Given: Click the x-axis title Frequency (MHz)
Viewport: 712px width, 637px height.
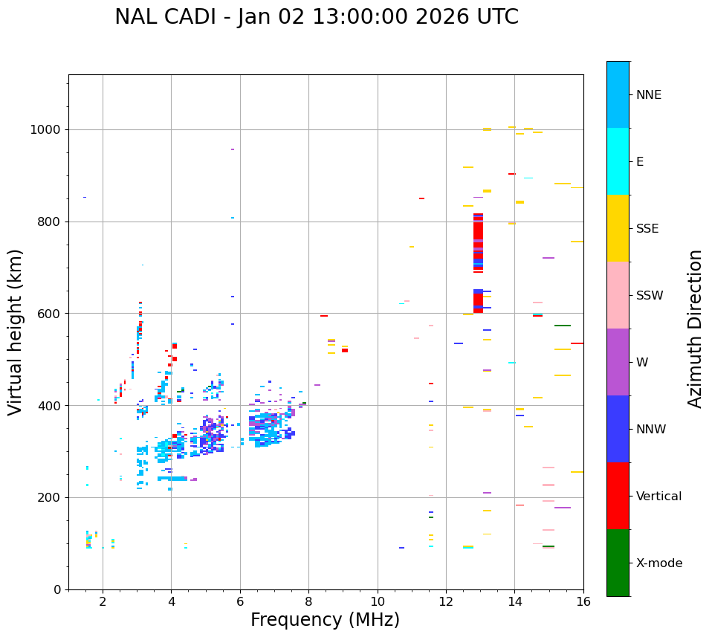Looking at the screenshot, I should (x=325, y=620).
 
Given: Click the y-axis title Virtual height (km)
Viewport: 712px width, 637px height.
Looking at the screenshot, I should (x=16, y=332).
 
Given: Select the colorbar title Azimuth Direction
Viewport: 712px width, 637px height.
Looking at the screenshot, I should (x=695, y=329).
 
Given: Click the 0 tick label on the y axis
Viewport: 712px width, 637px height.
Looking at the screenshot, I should (x=57, y=589).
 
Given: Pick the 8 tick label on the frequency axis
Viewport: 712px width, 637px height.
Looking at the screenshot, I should (x=308, y=601).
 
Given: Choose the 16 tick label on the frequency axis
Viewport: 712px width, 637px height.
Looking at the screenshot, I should (x=583, y=601).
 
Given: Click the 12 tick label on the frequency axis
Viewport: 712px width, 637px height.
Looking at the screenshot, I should (x=446, y=601).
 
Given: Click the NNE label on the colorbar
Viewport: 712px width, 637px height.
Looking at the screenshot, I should (x=649, y=95).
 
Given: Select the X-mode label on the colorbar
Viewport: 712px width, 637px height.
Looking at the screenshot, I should (x=659, y=563).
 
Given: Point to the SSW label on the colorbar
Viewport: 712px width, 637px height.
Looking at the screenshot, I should (x=650, y=296).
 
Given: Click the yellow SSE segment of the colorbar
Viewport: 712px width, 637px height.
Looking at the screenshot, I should (x=618, y=228).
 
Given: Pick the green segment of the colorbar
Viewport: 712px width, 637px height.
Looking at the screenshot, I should (x=618, y=563).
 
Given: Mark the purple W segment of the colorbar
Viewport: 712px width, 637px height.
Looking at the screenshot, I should (x=618, y=362).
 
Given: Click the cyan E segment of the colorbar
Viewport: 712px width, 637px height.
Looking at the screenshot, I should (x=618, y=161).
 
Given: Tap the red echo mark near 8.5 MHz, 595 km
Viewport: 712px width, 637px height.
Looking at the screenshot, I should (x=324, y=316).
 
